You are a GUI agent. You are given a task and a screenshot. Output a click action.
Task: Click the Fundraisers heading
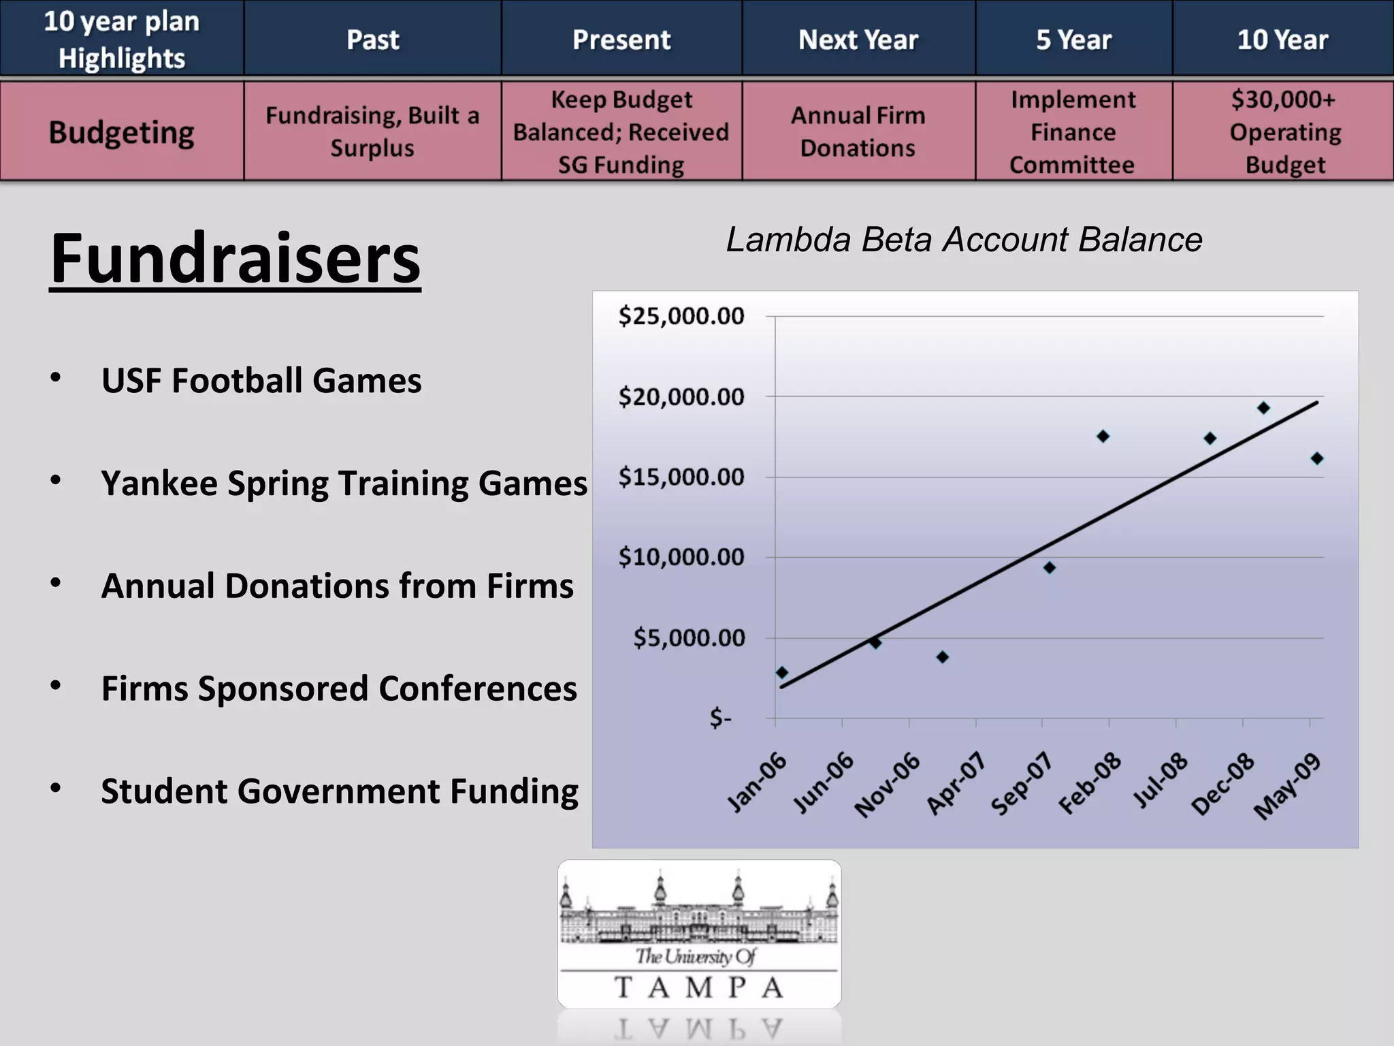(x=236, y=259)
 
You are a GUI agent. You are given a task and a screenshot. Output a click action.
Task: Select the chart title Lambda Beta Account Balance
(x=964, y=240)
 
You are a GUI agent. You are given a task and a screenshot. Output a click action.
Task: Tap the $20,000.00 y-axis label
(x=681, y=396)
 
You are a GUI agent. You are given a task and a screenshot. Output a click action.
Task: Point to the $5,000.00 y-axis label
(x=689, y=638)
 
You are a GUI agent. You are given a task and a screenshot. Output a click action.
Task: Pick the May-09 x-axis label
(x=1288, y=787)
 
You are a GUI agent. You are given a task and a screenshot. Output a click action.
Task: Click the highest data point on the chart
(x=1263, y=408)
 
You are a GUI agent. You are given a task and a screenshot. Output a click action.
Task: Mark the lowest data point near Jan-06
(x=782, y=673)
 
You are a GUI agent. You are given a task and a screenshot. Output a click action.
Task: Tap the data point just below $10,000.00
(x=1050, y=567)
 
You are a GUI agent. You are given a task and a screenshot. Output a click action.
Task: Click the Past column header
(x=372, y=39)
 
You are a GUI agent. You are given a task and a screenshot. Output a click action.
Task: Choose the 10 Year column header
(x=1282, y=39)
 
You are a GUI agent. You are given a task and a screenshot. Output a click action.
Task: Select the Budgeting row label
(x=122, y=132)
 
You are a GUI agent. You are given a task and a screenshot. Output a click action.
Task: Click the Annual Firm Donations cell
(x=858, y=132)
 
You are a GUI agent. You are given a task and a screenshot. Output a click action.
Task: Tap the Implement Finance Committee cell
(x=1073, y=132)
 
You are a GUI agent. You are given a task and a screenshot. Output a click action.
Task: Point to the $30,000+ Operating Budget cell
(x=1284, y=132)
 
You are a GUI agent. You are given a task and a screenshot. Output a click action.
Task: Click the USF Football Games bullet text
(x=261, y=380)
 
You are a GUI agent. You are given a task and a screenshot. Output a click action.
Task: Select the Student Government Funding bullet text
(x=340, y=791)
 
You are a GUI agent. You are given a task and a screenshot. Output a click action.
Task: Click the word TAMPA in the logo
(x=698, y=987)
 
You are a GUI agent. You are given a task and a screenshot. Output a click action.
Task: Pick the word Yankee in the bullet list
(x=159, y=484)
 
